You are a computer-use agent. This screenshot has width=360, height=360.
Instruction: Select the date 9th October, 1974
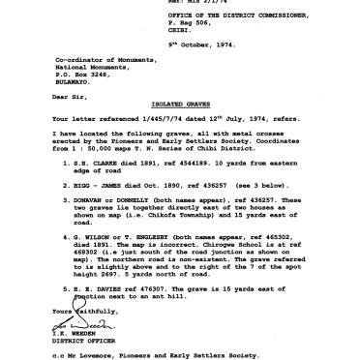point(223,54)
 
